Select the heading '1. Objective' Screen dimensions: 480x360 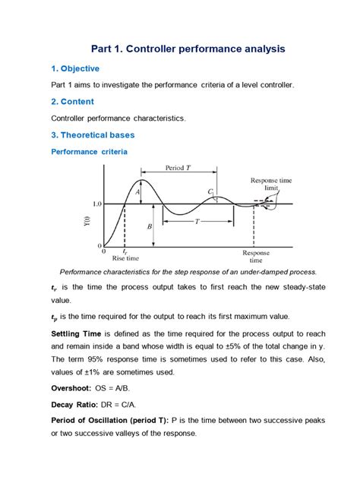click(x=81, y=68)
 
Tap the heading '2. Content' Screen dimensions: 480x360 click(x=77, y=101)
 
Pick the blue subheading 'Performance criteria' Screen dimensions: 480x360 click(x=89, y=152)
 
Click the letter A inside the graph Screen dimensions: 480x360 click(x=137, y=192)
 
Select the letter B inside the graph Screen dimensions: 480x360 click(x=150, y=226)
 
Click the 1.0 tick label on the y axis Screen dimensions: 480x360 click(x=96, y=204)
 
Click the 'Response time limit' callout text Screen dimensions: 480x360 click(x=265, y=185)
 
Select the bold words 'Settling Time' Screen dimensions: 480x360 click(x=77, y=333)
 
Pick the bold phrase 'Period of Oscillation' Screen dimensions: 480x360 click(x=95, y=420)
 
